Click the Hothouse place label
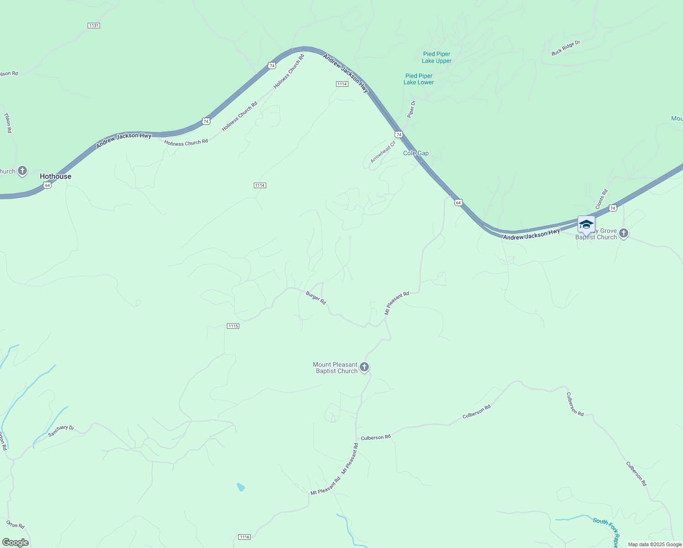coord(55,176)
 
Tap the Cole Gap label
coord(415,153)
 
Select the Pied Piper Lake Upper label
coord(436,58)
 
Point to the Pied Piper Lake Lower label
coord(419,79)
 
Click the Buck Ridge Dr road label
coord(565,48)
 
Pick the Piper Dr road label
coord(411,109)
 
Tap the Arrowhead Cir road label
coord(383,153)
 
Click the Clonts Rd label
coord(602,199)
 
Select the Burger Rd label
coord(316,298)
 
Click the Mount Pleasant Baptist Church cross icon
coord(364,367)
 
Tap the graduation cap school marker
coord(586,224)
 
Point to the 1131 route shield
coord(94,26)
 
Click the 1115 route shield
coord(233,326)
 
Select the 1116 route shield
coord(245,537)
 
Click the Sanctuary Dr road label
coord(61,431)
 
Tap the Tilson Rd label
coord(8,123)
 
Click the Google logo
coord(16,543)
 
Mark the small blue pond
coord(241,487)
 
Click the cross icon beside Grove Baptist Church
coord(624,233)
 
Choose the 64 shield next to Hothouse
coord(47,185)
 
